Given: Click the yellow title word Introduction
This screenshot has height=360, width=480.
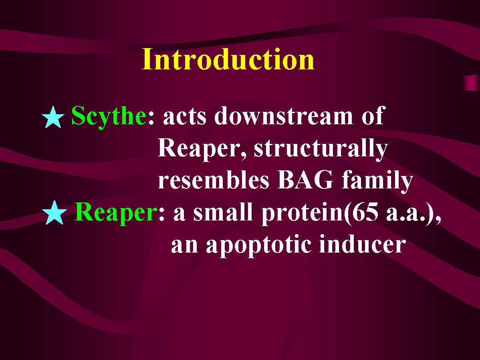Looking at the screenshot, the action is pyautogui.click(x=228, y=59).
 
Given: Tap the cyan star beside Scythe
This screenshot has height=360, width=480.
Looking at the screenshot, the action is pyautogui.click(x=53, y=117).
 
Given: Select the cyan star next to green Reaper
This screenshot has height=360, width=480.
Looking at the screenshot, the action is pyautogui.click(x=54, y=213).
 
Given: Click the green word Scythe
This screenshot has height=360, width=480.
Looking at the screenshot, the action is pyautogui.click(x=109, y=116).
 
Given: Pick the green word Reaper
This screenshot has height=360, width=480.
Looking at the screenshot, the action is pyautogui.click(x=115, y=212).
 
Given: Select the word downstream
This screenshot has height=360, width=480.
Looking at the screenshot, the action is pyautogui.click(x=284, y=116).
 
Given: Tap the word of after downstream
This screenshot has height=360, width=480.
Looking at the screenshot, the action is pyautogui.click(x=372, y=115).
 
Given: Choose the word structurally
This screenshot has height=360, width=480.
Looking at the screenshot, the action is pyautogui.click(x=321, y=149).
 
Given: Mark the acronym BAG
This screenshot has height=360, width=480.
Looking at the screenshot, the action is pyautogui.click(x=305, y=180).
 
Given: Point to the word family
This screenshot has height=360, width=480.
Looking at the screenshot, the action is pyautogui.click(x=377, y=181).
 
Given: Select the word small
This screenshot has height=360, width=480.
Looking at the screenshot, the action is pyautogui.click(x=223, y=212).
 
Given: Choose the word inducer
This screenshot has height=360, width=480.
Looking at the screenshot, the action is pyautogui.click(x=362, y=244).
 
